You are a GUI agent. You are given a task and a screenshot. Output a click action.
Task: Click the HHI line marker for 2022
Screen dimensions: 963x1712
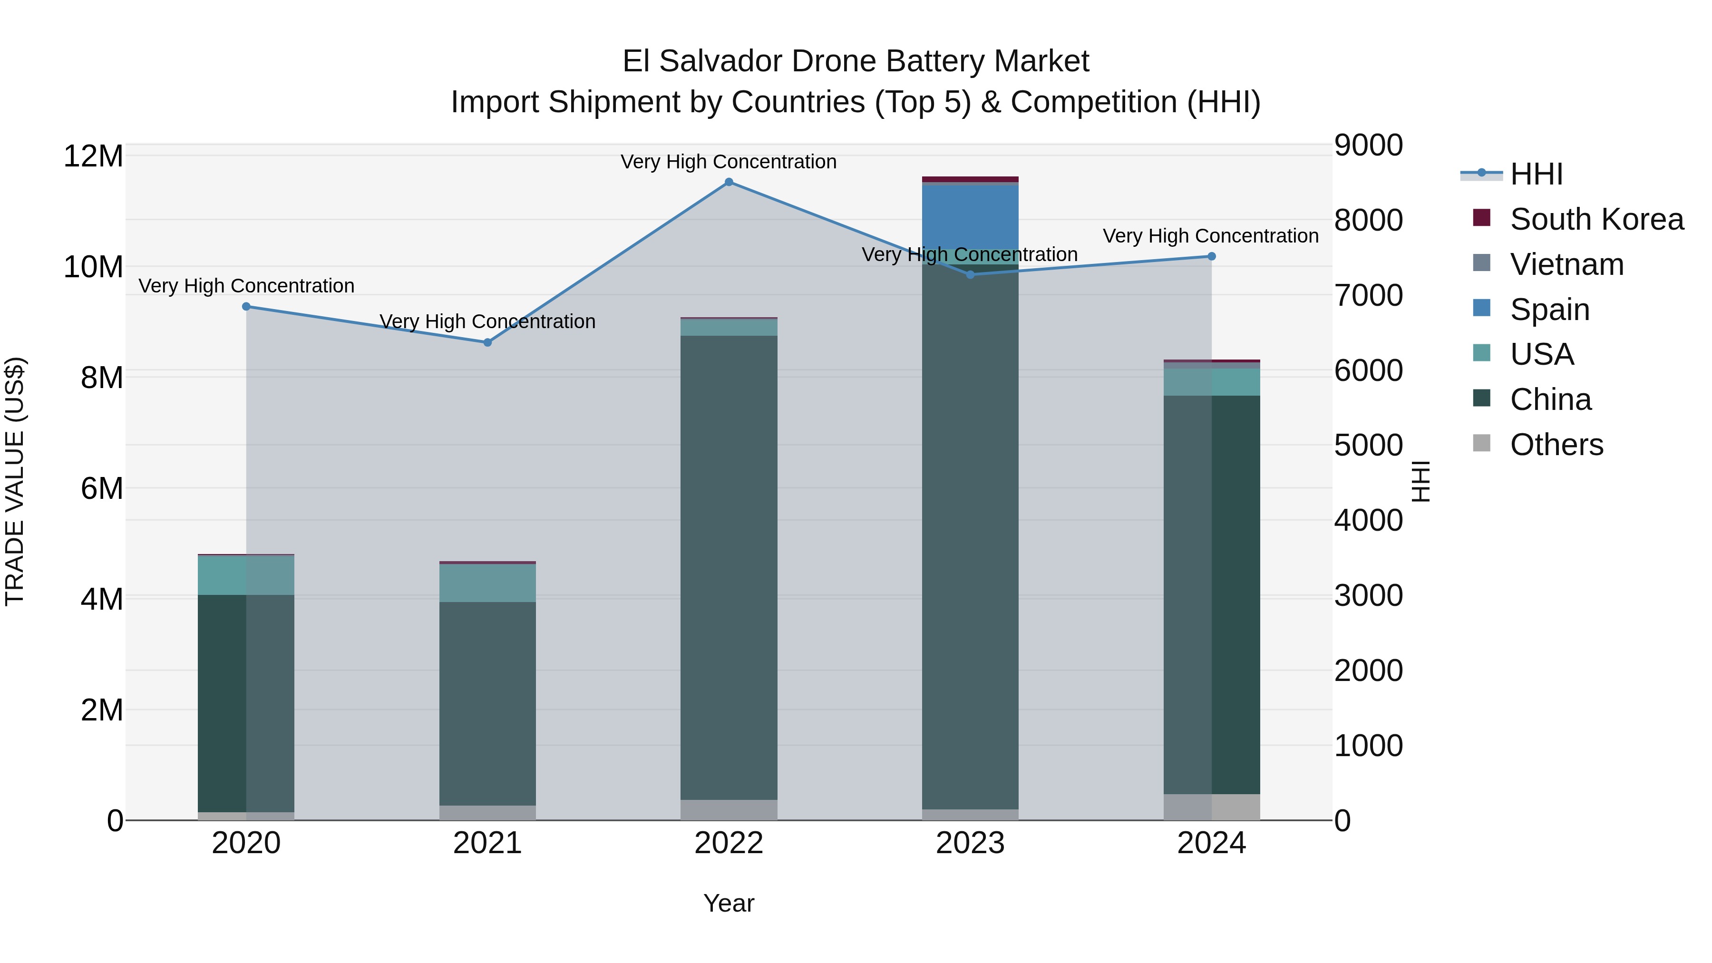pyautogui.click(x=729, y=182)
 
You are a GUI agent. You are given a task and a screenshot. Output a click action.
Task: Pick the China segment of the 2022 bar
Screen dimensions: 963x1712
pyautogui.click(x=729, y=565)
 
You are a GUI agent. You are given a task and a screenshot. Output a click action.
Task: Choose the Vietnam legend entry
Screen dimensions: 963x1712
pyautogui.click(x=1566, y=264)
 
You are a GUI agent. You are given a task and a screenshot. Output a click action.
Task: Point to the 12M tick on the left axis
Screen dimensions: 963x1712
pyautogui.click(x=93, y=157)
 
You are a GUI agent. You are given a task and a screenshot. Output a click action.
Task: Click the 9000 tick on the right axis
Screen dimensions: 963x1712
pyautogui.click(x=1368, y=146)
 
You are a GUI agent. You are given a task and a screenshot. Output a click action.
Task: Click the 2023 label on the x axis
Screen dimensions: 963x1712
pyautogui.click(x=970, y=843)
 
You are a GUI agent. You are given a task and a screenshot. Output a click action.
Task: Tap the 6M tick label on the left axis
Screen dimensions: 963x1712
pyautogui.click(x=101, y=488)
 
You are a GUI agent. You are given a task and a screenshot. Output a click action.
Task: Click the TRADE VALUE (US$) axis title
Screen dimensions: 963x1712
pyautogui.click(x=15, y=481)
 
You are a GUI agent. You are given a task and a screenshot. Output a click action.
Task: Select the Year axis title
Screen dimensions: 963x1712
pyautogui.click(x=729, y=903)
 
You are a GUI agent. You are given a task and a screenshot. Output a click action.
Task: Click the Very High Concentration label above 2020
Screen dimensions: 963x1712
pyautogui.click(x=246, y=286)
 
